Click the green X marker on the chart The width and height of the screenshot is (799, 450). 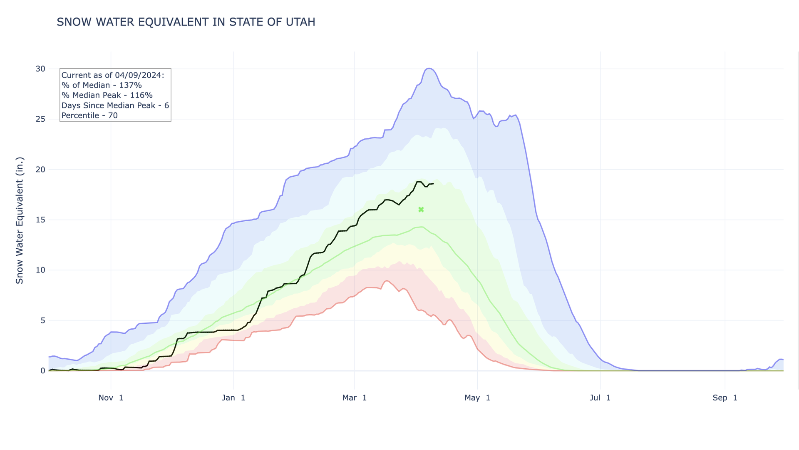pos(421,210)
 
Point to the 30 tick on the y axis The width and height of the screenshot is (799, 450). pos(40,69)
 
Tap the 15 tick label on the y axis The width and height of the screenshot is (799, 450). pos(40,220)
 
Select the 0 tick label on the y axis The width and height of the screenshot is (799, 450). pos(43,370)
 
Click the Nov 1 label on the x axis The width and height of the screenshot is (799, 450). pos(111,397)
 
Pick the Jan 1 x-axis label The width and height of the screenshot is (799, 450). pos(233,397)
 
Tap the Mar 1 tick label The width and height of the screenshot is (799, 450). pos(355,397)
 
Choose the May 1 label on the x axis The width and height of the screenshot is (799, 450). pos(477,397)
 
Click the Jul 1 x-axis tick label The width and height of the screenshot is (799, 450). pos(600,397)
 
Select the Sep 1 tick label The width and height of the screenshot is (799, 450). pos(725,397)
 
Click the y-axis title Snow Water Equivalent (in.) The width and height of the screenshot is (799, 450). pos(20,220)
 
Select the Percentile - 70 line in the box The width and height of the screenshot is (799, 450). pos(89,115)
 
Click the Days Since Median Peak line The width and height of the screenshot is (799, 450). pos(115,105)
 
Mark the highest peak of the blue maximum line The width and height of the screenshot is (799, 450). pos(429,68)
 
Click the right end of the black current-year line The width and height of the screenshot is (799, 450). pos(433,184)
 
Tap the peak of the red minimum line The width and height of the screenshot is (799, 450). pos(387,280)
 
